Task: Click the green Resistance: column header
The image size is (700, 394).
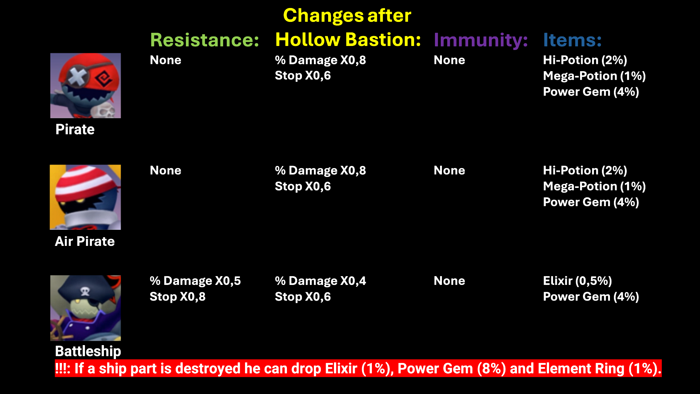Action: pos(205,40)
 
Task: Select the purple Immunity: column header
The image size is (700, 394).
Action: pos(481,40)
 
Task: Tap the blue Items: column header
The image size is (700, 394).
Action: pos(572,40)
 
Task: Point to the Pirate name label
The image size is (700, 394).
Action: pos(75,130)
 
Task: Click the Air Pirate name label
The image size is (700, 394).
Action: pos(85,242)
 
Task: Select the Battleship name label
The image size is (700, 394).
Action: pos(88,351)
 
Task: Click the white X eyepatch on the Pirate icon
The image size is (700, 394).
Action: pos(77,77)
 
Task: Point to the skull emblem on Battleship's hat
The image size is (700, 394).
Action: pos(85,291)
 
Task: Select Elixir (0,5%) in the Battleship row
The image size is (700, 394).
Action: pos(577,281)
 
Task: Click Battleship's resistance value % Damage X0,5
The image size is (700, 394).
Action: pos(195,281)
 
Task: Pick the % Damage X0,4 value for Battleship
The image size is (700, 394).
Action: pos(320,281)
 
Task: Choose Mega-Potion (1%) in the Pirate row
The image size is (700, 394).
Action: pos(595,76)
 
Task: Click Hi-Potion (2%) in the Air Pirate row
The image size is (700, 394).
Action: pos(585,170)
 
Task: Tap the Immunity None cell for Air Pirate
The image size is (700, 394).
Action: pos(450,170)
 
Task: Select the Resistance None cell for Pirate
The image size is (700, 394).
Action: pos(166,60)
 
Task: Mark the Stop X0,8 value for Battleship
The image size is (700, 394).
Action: pos(178,297)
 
